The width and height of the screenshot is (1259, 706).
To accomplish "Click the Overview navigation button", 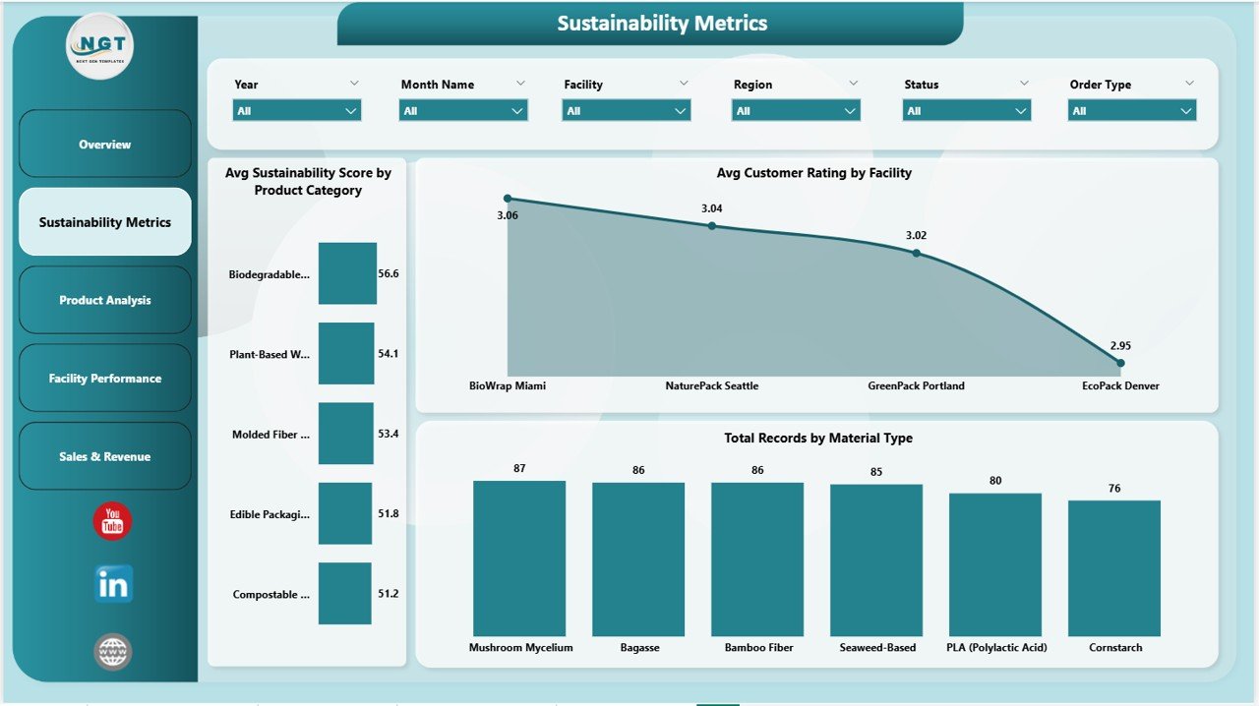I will coord(104,145).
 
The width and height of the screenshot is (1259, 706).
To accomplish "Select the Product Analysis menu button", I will coord(104,300).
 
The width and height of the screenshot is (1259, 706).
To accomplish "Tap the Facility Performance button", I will coord(104,379).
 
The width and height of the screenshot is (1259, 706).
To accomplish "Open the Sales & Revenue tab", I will coord(104,456).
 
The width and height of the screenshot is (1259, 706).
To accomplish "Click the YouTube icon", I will coord(112,521).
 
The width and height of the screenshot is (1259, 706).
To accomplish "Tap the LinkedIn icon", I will coord(113,584).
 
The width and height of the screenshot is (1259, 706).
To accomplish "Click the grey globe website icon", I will coord(112,651).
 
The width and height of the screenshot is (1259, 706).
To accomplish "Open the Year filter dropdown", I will coord(297,111).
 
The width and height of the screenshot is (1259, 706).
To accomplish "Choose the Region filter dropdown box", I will coord(796,111).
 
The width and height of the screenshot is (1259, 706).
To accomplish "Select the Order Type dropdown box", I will coord(1132,111).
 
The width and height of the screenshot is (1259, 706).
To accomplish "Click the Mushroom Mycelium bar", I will coord(519,559).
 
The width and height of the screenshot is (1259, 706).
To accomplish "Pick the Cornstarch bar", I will coord(1114,568).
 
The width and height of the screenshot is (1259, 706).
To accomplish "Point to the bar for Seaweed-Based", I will coord(876,560).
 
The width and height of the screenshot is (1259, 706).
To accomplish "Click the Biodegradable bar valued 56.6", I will coord(347,273).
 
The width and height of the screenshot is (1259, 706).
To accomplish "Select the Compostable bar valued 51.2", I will coord(345,594).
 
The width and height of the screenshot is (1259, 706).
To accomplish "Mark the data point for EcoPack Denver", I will coord(1120,363).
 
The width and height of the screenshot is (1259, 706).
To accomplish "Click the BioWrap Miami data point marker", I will coord(508,199).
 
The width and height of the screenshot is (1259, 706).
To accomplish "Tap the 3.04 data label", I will coord(712,208).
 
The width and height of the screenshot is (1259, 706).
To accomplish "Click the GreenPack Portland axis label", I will coord(916,386).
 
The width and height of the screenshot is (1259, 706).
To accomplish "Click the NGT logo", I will coord(99,45).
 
